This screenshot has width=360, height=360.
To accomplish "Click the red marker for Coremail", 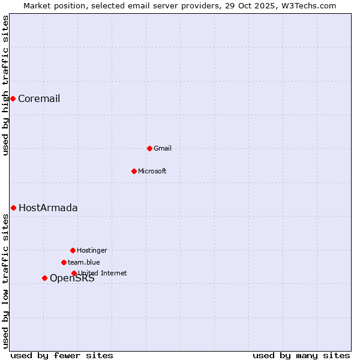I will click(x=13, y=98).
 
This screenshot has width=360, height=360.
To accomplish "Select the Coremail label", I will click(x=39, y=99).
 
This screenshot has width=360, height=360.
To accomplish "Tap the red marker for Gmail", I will click(x=149, y=148).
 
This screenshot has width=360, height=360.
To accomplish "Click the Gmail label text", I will click(x=163, y=149).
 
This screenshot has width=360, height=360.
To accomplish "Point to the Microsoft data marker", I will click(x=134, y=171).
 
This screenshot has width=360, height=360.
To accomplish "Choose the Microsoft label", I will click(x=152, y=172).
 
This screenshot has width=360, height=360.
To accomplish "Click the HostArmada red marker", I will click(x=13, y=208).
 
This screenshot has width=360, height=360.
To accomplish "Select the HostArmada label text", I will click(x=48, y=208).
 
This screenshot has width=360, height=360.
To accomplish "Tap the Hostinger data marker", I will click(x=73, y=250).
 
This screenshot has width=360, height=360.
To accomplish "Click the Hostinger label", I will click(x=92, y=251).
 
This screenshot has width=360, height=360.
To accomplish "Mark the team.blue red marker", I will click(x=64, y=262).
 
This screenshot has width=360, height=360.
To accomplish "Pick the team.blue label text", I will click(x=84, y=263).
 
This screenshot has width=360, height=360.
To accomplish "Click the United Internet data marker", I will click(x=74, y=273).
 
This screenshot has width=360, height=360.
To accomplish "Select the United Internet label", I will click(x=103, y=274).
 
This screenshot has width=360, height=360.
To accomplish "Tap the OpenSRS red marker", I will click(x=44, y=278).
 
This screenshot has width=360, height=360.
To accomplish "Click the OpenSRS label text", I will click(x=72, y=278).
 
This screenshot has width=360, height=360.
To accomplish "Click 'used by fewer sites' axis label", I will click(x=62, y=356).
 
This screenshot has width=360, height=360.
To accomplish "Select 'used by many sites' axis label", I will click(x=301, y=356).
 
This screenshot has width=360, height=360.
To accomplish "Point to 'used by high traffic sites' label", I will click(x=6, y=85).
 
